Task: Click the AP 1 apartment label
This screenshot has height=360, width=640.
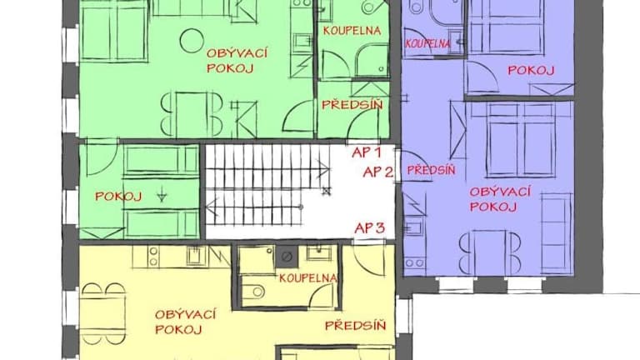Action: [367, 152]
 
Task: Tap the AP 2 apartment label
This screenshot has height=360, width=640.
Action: [378, 172]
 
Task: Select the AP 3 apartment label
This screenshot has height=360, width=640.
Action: [370, 228]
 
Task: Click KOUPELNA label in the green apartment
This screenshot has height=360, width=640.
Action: [352, 31]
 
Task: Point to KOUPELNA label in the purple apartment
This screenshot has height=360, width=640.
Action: [427, 43]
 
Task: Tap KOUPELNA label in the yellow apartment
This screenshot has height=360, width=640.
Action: [308, 278]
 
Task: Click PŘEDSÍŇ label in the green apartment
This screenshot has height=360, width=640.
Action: [352, 104]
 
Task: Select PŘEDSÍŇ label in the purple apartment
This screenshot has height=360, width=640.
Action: [431, 169]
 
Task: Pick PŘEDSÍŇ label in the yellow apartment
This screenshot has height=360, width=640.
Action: [355, 325]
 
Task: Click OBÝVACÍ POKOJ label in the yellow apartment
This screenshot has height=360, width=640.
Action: [185, 322]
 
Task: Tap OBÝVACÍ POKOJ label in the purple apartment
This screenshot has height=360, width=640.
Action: [500, 199]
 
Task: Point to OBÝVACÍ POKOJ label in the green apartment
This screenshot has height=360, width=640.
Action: [237, 60]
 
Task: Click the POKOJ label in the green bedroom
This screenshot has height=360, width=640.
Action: [118, 197]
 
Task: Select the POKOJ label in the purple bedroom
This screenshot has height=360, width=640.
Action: [531, 70]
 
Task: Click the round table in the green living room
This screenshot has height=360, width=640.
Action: [192, 41]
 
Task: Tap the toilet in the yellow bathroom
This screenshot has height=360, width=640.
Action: [255, 292]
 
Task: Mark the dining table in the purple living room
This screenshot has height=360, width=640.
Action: [490, 252]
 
